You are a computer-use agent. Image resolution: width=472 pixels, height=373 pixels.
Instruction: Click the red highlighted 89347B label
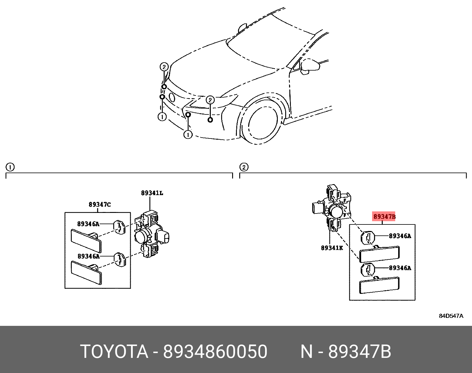point(384,216)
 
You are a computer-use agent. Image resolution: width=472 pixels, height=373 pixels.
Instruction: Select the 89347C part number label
point(100,204)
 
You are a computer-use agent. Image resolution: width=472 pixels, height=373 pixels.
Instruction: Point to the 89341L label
point(152,193)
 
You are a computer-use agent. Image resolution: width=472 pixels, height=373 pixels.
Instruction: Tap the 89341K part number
point(332,248)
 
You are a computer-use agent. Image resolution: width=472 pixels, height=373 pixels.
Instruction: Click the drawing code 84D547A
point(451,316)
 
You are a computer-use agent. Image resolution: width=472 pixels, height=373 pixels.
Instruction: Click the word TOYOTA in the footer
point(114,352)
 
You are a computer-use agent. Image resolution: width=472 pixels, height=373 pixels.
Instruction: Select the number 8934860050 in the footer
point(215,352)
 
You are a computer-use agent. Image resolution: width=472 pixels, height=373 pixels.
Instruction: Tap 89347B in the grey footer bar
point(360,352)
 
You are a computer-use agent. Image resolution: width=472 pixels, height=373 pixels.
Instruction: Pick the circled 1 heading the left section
point(10,167)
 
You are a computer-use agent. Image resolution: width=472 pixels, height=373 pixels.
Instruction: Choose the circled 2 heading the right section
point(244,167)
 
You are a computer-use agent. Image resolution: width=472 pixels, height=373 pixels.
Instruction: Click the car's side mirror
point(310,66)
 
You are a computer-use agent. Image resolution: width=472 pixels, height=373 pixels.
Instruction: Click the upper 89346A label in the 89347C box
point(88,224)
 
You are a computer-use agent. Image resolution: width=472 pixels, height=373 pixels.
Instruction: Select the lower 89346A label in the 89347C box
point(88,256)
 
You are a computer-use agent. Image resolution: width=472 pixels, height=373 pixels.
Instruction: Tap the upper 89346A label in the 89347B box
point(400,236)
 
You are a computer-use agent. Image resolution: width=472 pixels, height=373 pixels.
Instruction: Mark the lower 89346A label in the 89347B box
point(400,268)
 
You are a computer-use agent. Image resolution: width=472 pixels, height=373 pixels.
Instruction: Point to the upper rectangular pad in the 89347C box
point(86,240)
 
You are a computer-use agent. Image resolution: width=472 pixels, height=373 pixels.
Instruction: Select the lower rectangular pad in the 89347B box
point(379,285)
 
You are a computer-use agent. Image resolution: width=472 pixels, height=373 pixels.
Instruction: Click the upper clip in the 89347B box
point(368,237)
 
